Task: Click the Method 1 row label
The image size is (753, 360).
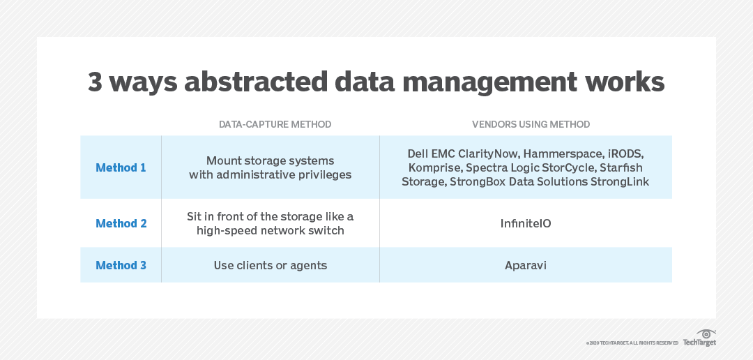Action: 121,167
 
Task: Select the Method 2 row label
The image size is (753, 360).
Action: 121,223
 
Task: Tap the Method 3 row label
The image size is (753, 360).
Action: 121,265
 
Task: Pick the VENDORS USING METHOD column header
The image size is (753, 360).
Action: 531,124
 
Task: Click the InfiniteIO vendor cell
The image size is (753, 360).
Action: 526,223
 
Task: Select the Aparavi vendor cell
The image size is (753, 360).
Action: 526,265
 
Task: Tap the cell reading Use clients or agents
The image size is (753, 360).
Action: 270,265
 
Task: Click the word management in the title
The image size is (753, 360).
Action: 489,82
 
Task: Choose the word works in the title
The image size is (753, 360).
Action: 623,82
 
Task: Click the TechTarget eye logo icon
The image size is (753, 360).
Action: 706,333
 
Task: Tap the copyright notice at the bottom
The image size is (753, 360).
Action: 632,343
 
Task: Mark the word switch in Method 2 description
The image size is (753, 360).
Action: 326,230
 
